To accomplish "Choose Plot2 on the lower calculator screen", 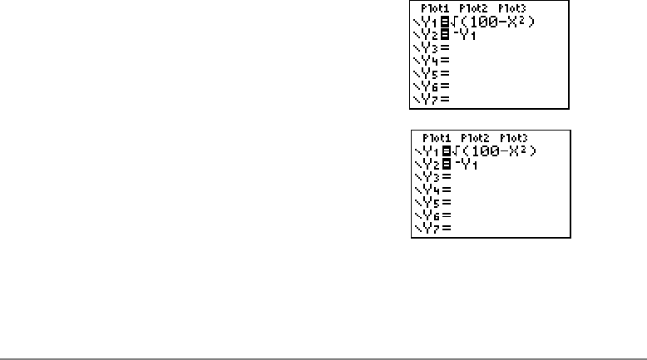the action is tap(476, 137).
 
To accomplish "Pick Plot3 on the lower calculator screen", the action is tap(514, 137).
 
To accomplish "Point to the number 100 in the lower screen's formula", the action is tap(479, 150).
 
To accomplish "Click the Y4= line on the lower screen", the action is tap(433, 190).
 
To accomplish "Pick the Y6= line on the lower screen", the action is tap(433, 215).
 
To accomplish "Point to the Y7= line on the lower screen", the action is tap(433, 227).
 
